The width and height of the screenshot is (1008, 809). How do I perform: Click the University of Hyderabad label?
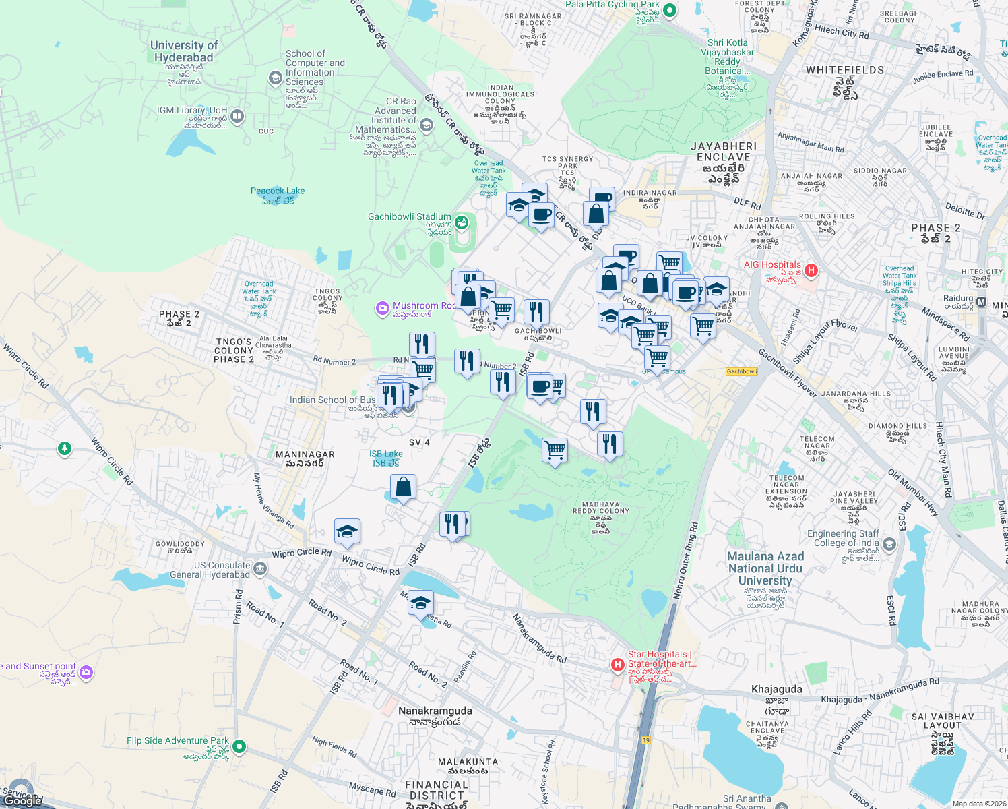183,51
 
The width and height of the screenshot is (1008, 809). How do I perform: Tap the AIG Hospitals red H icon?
811,270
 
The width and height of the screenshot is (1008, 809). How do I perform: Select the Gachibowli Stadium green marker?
462,222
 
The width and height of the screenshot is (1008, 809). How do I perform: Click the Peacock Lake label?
278,191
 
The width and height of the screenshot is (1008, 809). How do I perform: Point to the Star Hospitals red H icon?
617,665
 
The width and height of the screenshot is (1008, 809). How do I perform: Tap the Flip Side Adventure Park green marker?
239,746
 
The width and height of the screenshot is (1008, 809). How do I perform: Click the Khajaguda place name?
776,689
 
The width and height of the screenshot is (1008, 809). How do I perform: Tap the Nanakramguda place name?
435,711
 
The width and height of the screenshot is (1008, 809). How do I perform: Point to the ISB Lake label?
386,454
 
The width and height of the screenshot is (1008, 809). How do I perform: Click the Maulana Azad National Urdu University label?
765,568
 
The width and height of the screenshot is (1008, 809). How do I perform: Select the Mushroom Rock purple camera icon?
383,309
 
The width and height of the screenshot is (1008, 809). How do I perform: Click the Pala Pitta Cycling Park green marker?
669,10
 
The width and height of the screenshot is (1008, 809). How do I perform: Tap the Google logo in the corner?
22,801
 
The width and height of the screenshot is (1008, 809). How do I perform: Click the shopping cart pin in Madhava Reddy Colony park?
555,450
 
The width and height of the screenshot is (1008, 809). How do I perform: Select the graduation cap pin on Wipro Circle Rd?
347,531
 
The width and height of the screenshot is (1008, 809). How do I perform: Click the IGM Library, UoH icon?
237,116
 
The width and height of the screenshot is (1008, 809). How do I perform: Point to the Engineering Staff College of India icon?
889,544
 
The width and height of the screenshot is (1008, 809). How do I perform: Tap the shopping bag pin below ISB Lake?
403,487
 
